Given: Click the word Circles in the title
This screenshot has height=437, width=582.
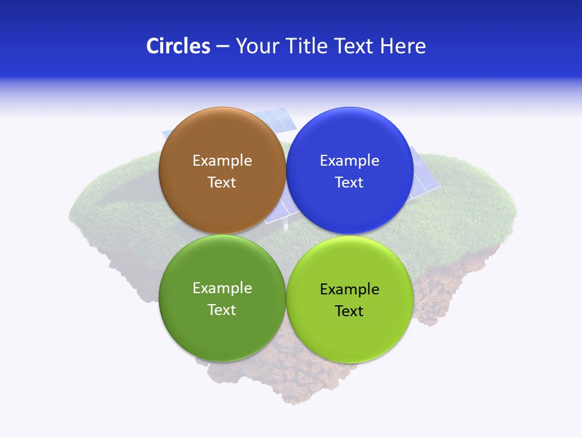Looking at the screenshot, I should pos(178,46).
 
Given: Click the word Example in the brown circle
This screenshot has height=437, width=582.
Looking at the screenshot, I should pos(222,161).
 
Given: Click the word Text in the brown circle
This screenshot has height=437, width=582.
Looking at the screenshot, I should pos(222,183).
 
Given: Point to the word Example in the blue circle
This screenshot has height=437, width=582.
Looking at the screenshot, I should pos(349,161).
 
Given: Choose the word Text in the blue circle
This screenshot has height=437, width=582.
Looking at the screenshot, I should pos(349,183).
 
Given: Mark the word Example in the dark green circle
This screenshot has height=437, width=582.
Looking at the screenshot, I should pos(222,288).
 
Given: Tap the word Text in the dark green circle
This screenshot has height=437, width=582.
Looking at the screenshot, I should pos(222,310).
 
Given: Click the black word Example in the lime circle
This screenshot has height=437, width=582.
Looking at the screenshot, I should pos(349,290).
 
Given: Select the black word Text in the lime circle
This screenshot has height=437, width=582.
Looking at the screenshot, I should pos(349,311).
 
